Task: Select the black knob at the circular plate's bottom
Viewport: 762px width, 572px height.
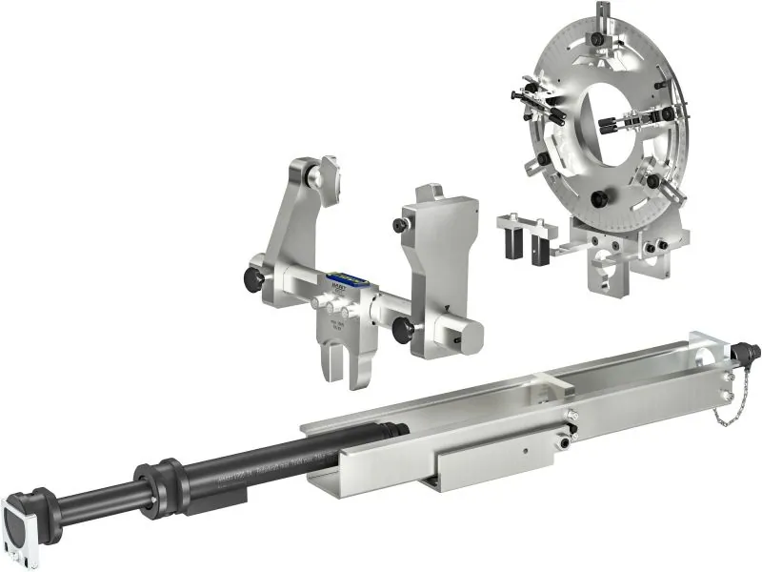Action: click(x=600, y=198)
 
